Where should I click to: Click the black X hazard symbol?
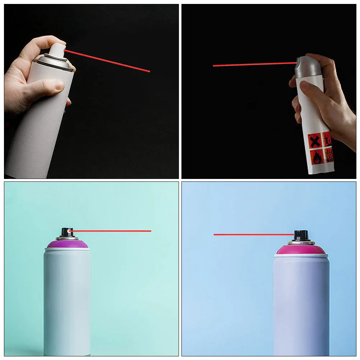point(315,140)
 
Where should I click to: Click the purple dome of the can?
point(67,244)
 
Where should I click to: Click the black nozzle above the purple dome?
point(67,232)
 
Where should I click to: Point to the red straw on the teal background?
point(111,231)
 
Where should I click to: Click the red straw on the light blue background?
point(253,235)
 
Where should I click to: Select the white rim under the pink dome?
point(301,255)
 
